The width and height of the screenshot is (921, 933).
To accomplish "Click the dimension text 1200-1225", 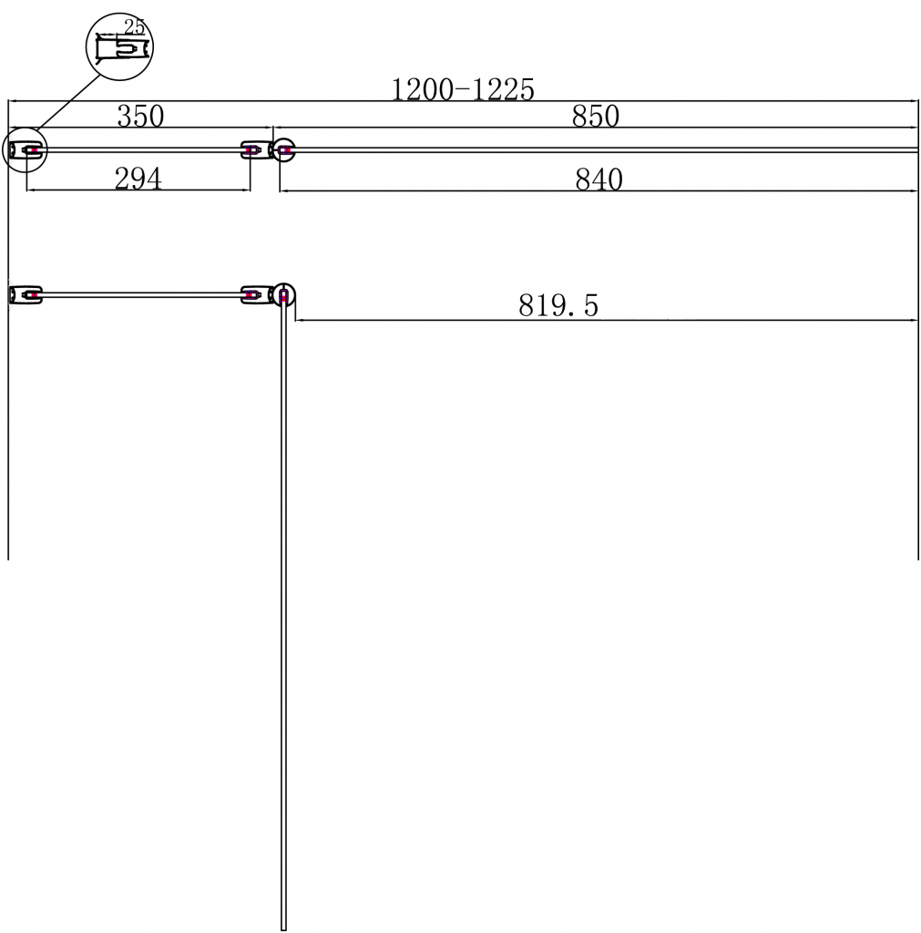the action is pyautogui.click(x=462, y=89).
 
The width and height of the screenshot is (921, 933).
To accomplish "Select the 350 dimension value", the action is pyautogui.click(x=140, y=116).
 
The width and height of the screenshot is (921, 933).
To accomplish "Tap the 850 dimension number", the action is pyautogui.click(x=596, y=116).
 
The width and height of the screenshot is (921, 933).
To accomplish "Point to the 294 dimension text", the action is pyautogui.click(x=138, y=179).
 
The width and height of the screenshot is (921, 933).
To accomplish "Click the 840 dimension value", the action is pyautogui.click(x=599, y=179).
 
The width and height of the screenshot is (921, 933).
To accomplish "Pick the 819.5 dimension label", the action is pyautogui.click(x=558, y=305).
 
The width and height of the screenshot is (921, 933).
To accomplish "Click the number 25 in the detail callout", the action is pyautogui.click(x=135, y=26).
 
